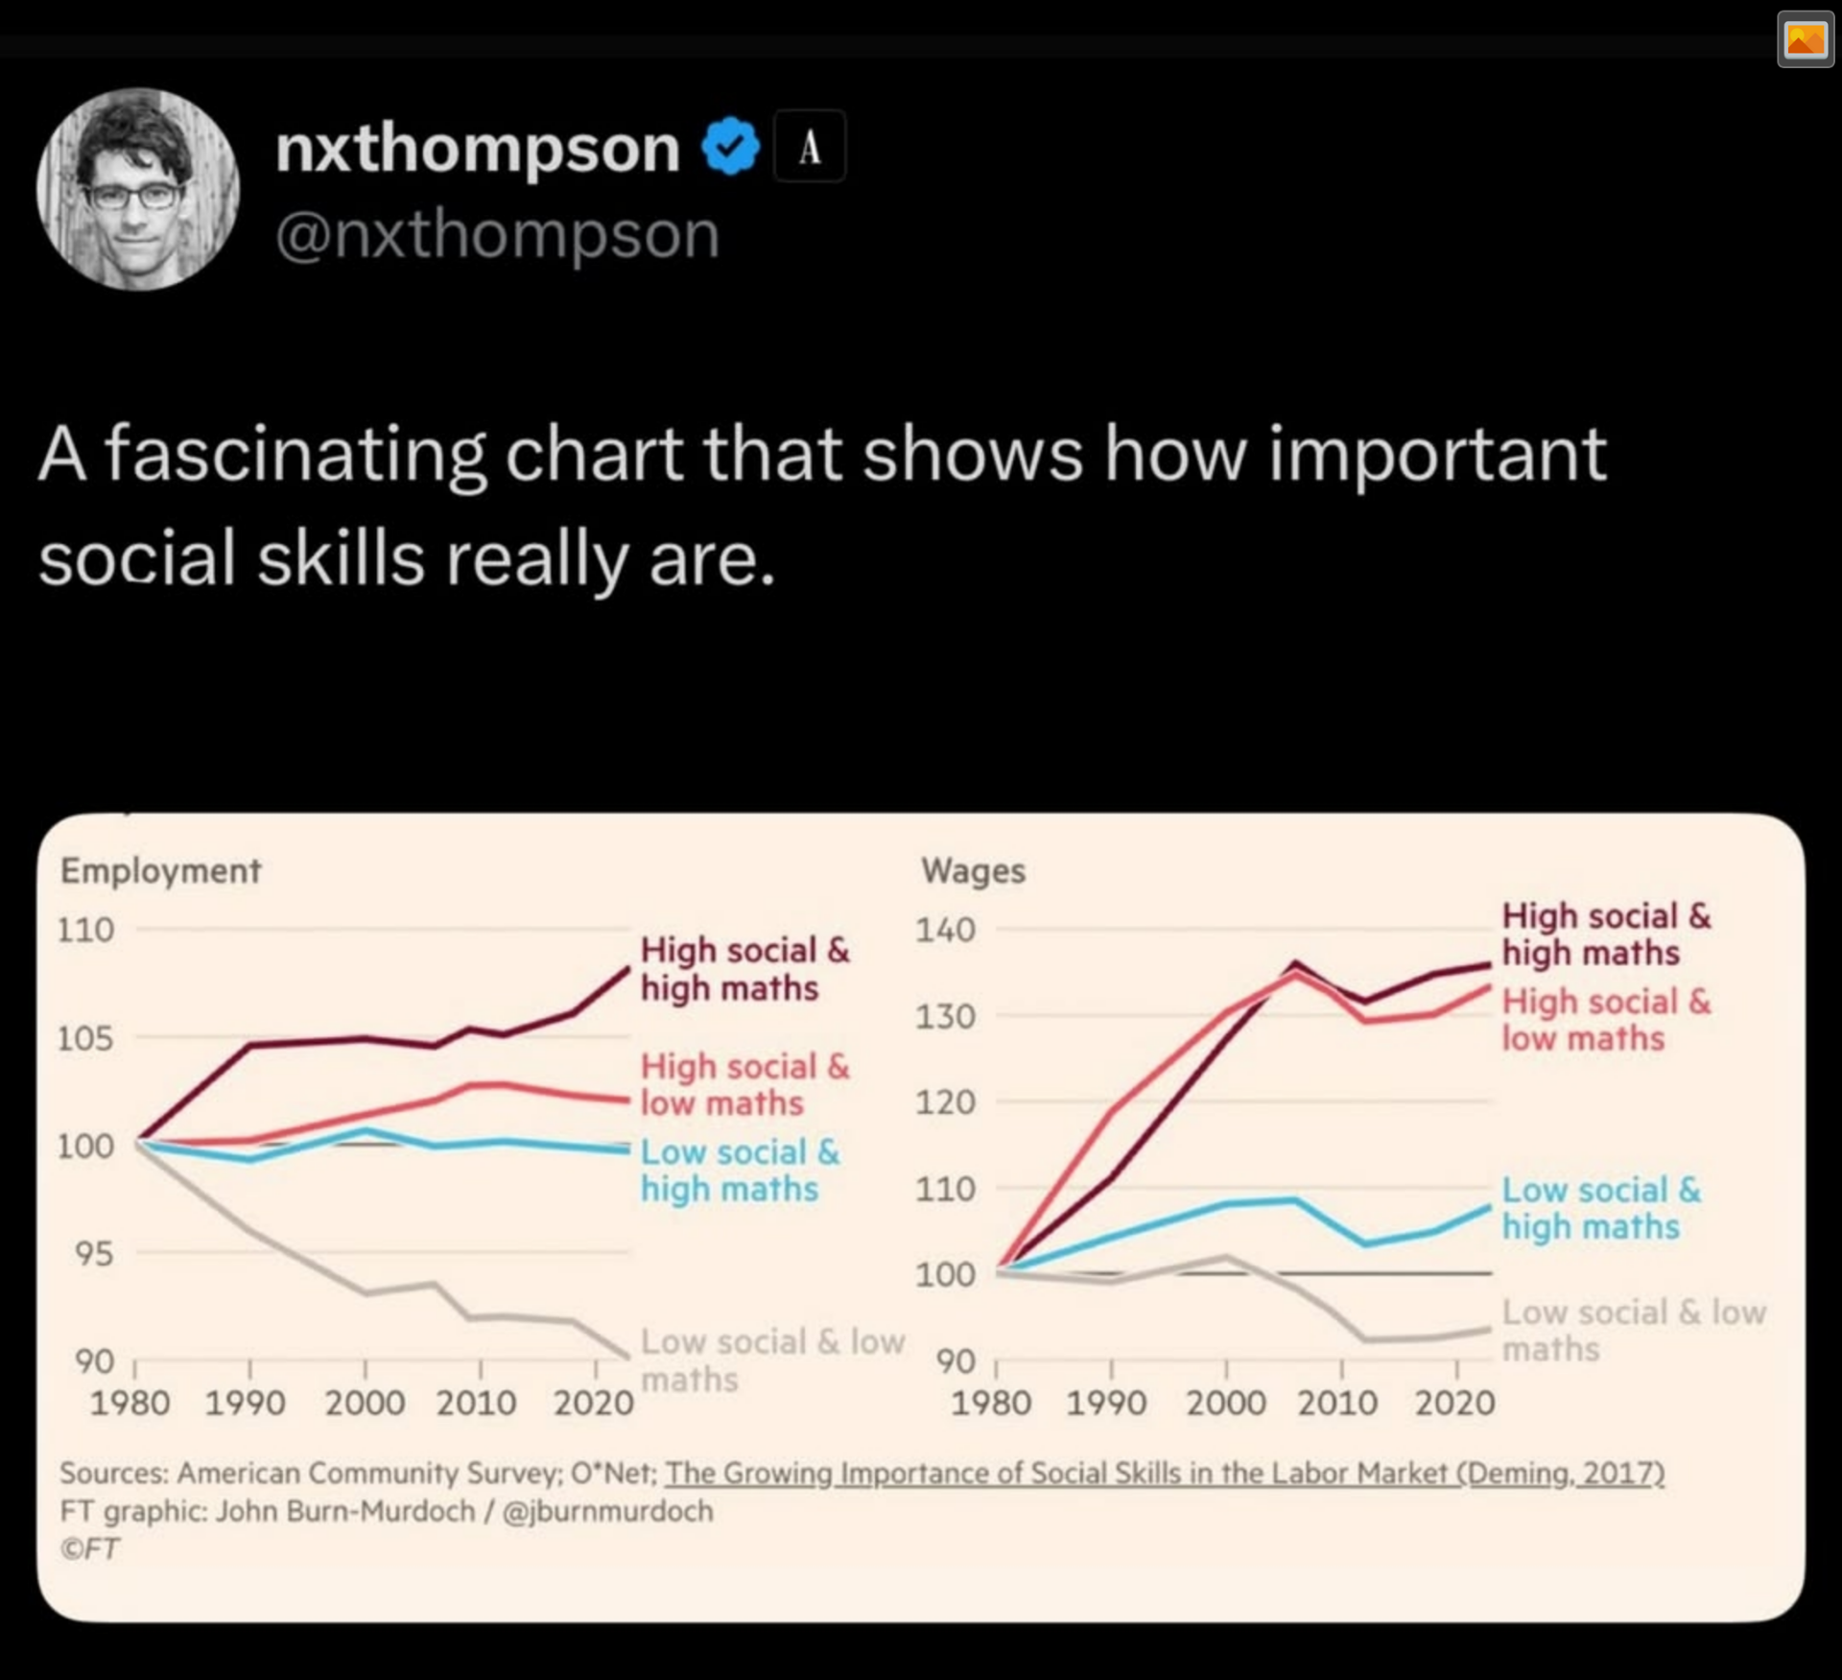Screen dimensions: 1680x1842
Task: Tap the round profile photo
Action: [x=138, y=189]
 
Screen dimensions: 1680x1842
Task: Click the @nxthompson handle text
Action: [x=497, y=235]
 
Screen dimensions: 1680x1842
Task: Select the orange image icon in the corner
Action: [x=1805, y=40]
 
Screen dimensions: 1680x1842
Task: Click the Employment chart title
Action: [x=160, y=870]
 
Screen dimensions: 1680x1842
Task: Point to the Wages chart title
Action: [x=973, y=870]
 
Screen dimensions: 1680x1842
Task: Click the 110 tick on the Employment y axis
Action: [x=85, y=930]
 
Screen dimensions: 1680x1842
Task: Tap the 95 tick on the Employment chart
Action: [x=94, y=1253]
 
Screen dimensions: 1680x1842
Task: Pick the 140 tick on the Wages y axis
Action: [x=945, y=930]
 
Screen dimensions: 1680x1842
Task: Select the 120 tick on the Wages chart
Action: [x=945, y=1102]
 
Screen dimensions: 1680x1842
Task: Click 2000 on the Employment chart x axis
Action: [x=364, y=1403]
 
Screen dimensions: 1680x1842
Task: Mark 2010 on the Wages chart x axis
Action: [x=1337, y=1403]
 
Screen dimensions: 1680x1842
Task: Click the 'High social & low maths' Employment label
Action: [x=744, y=1084]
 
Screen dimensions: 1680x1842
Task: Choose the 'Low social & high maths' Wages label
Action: [x=1600, y=1208]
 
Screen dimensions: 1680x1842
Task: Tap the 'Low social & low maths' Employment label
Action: [x=771, y=1359]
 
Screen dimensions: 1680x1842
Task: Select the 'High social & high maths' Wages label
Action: [x=1606, y=934]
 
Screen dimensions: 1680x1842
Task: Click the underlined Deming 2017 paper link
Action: [x=1165, y=1473]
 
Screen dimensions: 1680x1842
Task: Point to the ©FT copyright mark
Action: [x=90, y=1549]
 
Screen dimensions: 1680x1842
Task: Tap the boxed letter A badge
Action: [x=810, y=147]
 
